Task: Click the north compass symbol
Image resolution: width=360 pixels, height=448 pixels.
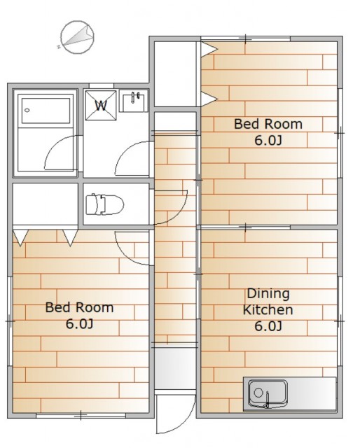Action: point(76,37)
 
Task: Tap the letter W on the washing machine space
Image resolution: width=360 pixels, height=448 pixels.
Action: point(101,106)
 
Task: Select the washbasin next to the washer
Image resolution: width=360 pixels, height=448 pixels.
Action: point(134,101)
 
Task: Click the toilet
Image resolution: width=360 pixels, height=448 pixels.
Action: point(104,204)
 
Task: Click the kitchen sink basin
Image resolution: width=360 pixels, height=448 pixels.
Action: point(268,393)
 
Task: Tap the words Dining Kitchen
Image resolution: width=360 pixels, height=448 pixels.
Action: point(268,302)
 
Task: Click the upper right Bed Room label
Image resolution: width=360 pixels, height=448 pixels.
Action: point(268,124)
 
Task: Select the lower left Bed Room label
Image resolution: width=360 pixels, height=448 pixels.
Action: point(79,307)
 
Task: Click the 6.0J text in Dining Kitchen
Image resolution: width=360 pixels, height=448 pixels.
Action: point(268,326)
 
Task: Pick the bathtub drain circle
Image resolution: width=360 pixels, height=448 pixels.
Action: point(27,111)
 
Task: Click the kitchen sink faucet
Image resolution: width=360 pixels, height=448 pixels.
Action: point(268,400)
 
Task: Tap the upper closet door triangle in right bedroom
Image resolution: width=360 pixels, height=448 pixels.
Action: point(209,49)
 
